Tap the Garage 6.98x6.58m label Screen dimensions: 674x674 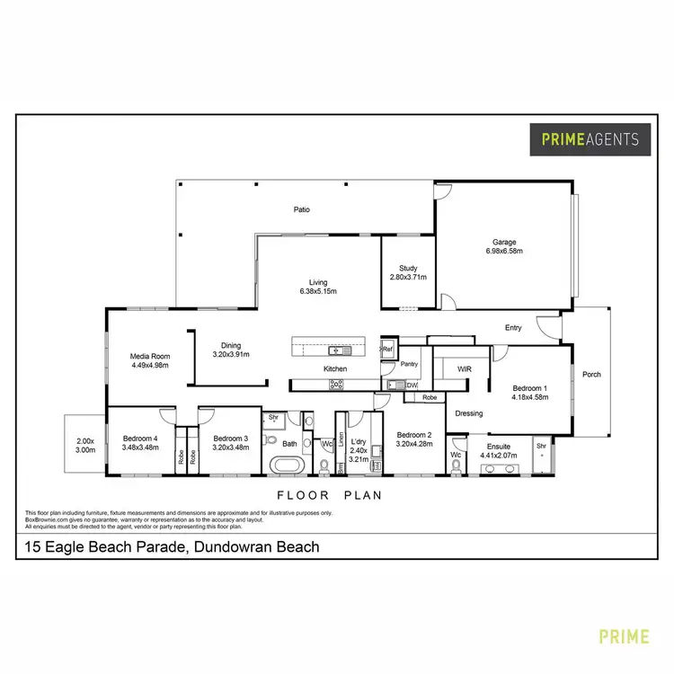[x=503, y=246]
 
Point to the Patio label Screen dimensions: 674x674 [x=302, y=210]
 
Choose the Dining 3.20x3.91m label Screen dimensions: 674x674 [x=231, y=350]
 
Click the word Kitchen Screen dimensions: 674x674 [x=336, y=369]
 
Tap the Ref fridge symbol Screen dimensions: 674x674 [x=387, y=349]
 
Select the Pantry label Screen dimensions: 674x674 [x=410, y=364]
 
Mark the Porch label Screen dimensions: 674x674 [x=590, y=375]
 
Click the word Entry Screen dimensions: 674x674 [x=513, y=328]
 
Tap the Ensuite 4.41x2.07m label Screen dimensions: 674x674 [x=499, y=451]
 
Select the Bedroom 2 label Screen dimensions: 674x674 [x=414, y=438]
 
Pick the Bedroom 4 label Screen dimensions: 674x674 [x=141, y=443]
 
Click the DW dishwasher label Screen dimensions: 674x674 [x=411, y=386]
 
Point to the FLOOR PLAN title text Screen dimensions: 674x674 [x=329, y=495]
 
